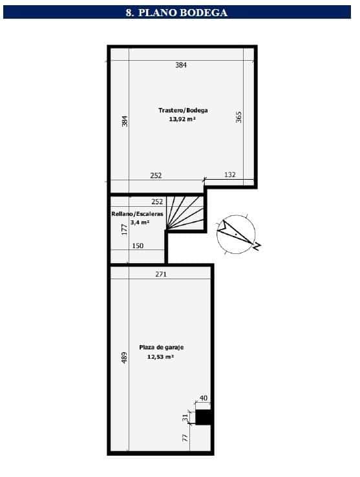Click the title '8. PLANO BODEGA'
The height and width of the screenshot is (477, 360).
coord(176,12)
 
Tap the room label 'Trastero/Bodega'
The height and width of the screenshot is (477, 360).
coord(183,110)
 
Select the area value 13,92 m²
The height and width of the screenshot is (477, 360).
coord(182,119)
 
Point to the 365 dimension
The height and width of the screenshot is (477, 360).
coord(238,117)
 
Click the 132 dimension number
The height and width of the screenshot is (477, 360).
coord(229,175)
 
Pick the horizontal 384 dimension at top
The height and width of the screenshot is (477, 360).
coord(181,65)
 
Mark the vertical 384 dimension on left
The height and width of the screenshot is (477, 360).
coord(125,121)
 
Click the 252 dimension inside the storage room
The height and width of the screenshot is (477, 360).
coord(156,176)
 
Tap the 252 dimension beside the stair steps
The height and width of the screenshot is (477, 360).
coord(157,202)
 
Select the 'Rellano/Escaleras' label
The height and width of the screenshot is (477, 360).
coord(137,214)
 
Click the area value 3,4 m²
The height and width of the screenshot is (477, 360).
coord(140,222)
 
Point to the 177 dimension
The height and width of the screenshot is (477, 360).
coord(124,229)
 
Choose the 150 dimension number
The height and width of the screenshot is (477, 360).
coord(138,246)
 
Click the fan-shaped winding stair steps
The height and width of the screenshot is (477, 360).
coord(185,213)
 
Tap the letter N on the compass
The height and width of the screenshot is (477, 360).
coord(257,246)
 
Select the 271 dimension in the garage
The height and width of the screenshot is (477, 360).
coord(161,274)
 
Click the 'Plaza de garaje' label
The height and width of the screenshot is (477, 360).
coord(162,347)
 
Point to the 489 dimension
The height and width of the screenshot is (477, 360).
coord(124,358)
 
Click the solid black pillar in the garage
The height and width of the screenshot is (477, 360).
coord(203,417)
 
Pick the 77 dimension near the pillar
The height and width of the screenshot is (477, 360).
coord(185,438)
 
